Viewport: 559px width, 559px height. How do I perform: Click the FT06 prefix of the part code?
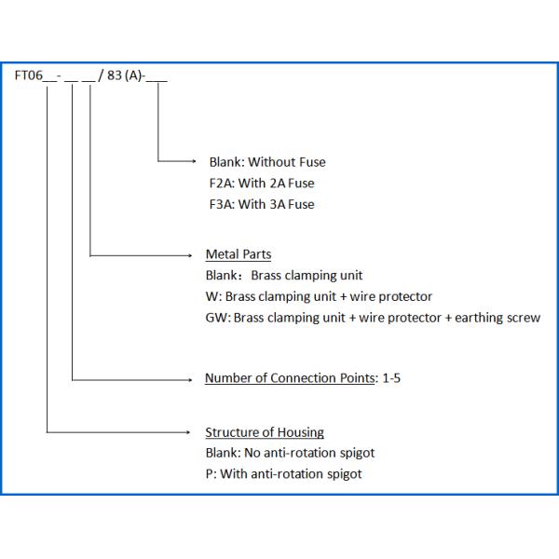27,78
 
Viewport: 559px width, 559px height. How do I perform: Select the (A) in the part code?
136,78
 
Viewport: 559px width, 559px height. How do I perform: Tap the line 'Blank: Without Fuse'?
267,162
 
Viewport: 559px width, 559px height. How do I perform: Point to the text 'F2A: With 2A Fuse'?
262,184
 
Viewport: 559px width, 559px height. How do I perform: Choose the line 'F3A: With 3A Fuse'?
262,204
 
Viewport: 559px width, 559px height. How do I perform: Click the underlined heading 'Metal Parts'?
239,254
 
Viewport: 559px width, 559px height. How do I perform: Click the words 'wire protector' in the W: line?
392,297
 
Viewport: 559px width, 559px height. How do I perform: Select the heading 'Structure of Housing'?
265,432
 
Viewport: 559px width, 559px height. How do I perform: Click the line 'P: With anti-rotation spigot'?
283,474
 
